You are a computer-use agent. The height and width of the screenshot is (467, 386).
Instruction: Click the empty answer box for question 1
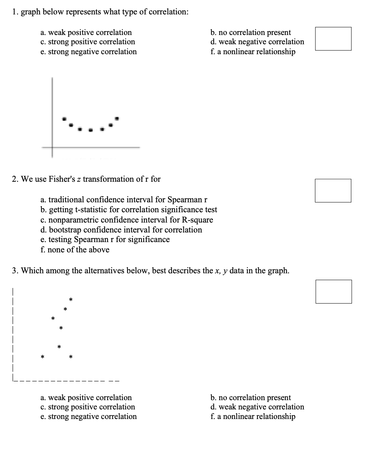point(333,39)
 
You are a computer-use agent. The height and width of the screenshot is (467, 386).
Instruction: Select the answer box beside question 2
point(333,191)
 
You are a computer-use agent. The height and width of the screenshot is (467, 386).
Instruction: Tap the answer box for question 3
point(333,292)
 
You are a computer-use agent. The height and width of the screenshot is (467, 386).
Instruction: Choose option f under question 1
point(253,52)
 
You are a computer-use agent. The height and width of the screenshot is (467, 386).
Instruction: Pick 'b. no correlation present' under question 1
point(251,33)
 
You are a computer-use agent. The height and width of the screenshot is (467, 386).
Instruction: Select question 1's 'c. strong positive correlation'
point(88,42)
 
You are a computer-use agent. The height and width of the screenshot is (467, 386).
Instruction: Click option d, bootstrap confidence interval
point(121,230)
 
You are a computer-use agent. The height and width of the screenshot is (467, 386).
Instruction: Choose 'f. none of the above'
point(75,250)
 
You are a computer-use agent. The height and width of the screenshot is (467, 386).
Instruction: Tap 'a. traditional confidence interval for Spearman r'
point(124,200)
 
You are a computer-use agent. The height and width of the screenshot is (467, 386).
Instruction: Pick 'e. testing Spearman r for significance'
point(105,239)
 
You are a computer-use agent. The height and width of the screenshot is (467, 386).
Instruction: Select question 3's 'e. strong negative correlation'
point(88,417)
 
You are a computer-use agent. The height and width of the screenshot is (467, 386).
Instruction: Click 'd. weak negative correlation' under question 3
point(257,407)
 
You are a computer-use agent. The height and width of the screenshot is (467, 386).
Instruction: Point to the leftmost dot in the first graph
point(64,119)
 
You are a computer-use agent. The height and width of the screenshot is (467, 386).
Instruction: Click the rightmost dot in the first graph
point(117,119)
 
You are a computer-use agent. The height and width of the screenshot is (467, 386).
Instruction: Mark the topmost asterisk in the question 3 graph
point(71,300)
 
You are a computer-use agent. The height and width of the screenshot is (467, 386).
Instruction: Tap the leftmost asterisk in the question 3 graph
point(43,358)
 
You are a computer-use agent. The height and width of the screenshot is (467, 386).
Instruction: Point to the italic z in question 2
point(79,179)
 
